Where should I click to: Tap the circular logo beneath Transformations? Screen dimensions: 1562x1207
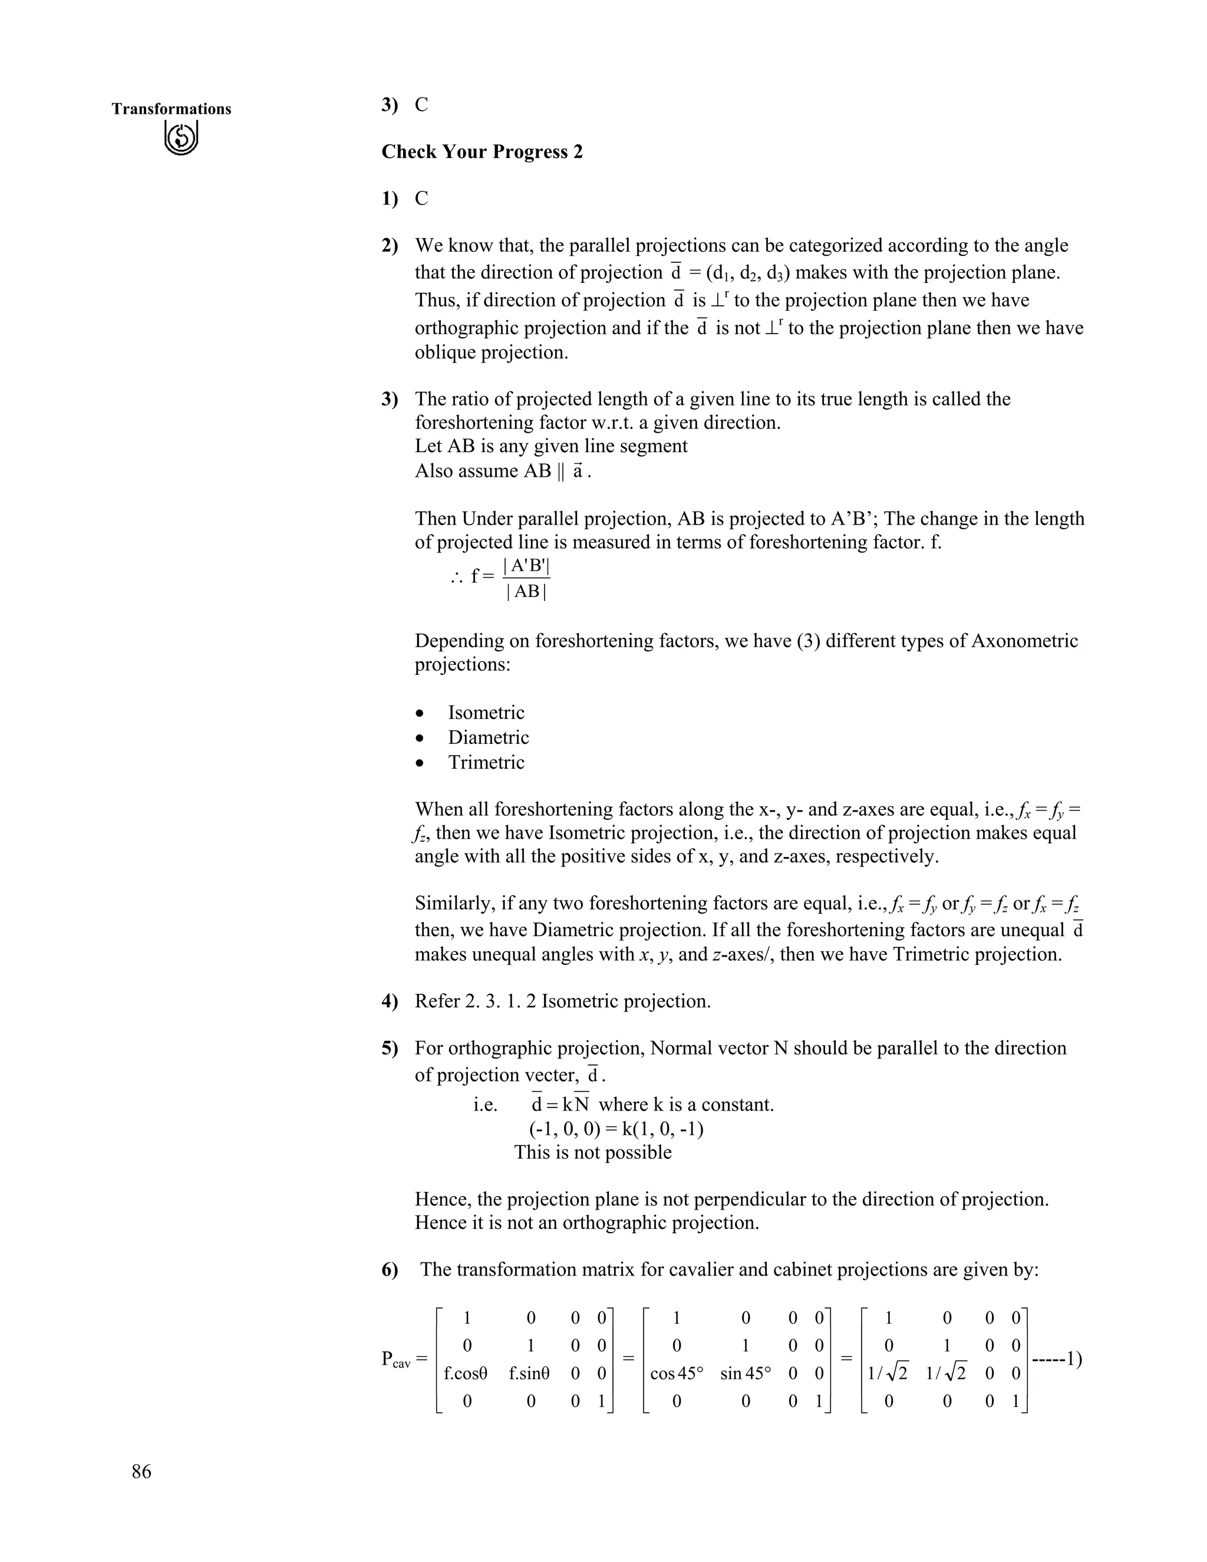(x=180, y=138)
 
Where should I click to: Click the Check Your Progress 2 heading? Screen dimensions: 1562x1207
(x=482, y=151)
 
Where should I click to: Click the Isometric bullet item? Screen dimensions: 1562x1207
(x=486, y=713)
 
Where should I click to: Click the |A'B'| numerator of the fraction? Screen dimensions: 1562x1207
(x=526, y=565)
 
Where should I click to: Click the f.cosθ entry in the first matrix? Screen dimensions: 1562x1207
(x=466, y=1373)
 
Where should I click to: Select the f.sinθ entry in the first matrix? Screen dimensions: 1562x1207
(x=529, y=1373)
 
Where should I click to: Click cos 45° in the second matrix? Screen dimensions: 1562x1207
(x=677, y=1373)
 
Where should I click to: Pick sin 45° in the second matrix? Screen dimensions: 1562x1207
(x=746, y=1373)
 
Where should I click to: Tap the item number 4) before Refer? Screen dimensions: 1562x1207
(x=390, y=1001)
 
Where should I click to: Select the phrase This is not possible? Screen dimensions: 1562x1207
(x=593, y=1152)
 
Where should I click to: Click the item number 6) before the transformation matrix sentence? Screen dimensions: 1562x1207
(x=390, y=1270)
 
